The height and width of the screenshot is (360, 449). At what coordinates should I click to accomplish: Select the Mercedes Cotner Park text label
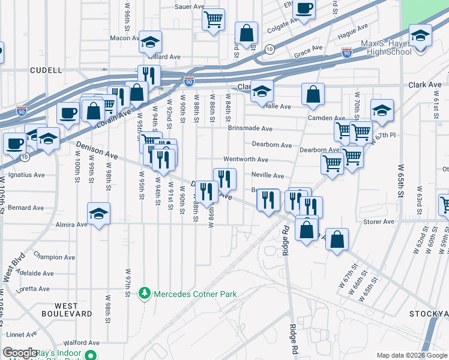click(x=195, y=294)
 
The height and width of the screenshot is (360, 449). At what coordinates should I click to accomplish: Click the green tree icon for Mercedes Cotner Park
click(x=144, y=293)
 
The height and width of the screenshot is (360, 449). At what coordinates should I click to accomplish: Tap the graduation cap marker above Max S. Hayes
click(x=420, y=35)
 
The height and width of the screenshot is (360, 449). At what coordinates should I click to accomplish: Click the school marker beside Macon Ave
click(x=150, y=41)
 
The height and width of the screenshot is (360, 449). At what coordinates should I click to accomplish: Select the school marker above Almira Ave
click(x=99, y=212)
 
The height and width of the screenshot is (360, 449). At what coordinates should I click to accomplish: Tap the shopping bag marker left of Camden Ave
click(x=313, y=94)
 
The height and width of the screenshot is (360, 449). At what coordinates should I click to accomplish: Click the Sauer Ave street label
click(x=190, y=7)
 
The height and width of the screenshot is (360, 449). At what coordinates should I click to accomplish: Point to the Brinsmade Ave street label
click(x=250, y=128)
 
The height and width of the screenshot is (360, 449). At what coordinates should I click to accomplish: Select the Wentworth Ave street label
click(x=246, y=160)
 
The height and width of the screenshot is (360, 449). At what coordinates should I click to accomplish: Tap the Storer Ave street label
click(x=379, y=221)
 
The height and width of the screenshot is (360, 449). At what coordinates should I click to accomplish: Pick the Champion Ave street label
click(x=55, y=257)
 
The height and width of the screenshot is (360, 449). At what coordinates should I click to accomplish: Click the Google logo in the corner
click(x=20, y=353)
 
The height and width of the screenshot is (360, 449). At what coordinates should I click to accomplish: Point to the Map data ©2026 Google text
click(x=411, y=355)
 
